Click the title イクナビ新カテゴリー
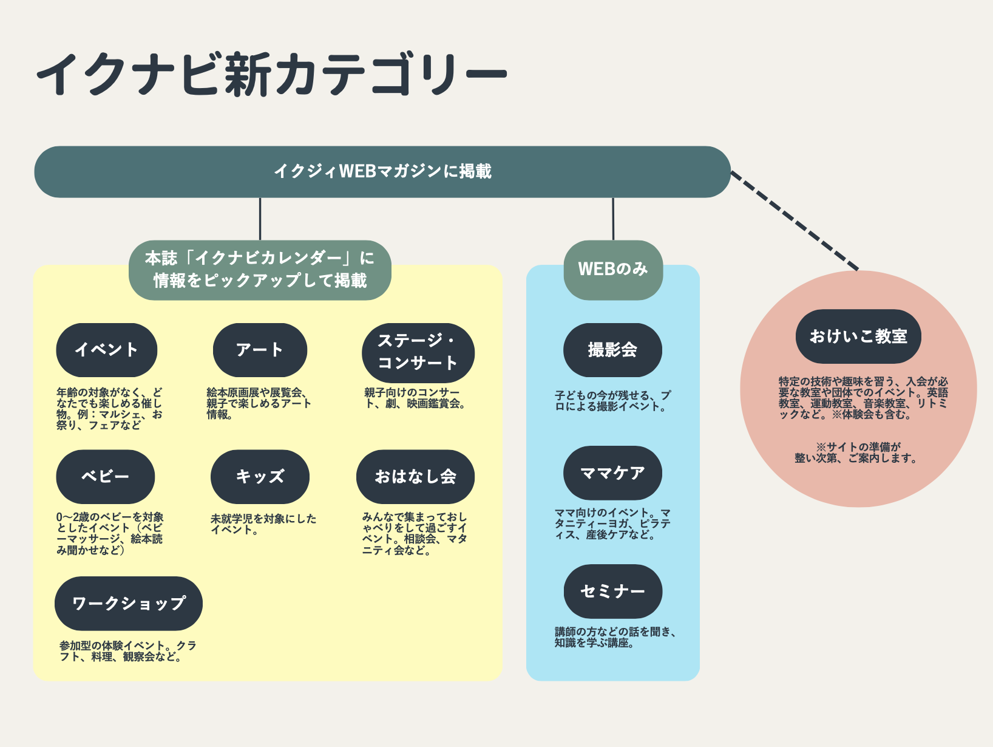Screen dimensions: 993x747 click(271, 73)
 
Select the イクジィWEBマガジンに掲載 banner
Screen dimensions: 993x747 click(382, 171)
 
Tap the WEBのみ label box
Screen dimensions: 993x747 click(613, 270)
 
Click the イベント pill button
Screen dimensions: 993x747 click(106, 350)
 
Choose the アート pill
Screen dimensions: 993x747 click(260, 350)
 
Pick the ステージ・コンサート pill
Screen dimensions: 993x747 click(418, 352)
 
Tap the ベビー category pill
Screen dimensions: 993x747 click(106, 476)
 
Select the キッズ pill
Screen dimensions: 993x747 click(260, 476)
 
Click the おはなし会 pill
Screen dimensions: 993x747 click(415, 476)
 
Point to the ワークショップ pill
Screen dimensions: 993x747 click(129, 603)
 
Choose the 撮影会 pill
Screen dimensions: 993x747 click(612, 350)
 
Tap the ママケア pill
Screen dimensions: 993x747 click(612, 473)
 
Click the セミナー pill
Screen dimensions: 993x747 click(612, 592)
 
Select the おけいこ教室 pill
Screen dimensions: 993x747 click(858, 336)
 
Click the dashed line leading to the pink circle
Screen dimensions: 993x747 click(795, 221)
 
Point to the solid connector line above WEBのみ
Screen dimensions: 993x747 click(613, 219)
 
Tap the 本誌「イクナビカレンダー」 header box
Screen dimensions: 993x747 click(260, 270)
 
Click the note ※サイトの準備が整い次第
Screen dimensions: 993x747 click(856, 452)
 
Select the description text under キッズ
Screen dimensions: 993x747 click(263, 524)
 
